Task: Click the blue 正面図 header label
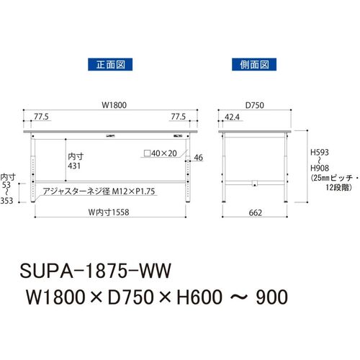(110, 64)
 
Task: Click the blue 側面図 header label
(254, 64)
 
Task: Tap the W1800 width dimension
(114, 105)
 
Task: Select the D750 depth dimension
(255, 105)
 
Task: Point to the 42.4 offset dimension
(232, 117)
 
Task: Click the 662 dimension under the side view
(255, 212)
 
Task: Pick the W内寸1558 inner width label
(109, 212)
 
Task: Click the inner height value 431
(74, 166)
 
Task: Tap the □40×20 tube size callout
(161, 153)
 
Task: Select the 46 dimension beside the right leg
(198, 158)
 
